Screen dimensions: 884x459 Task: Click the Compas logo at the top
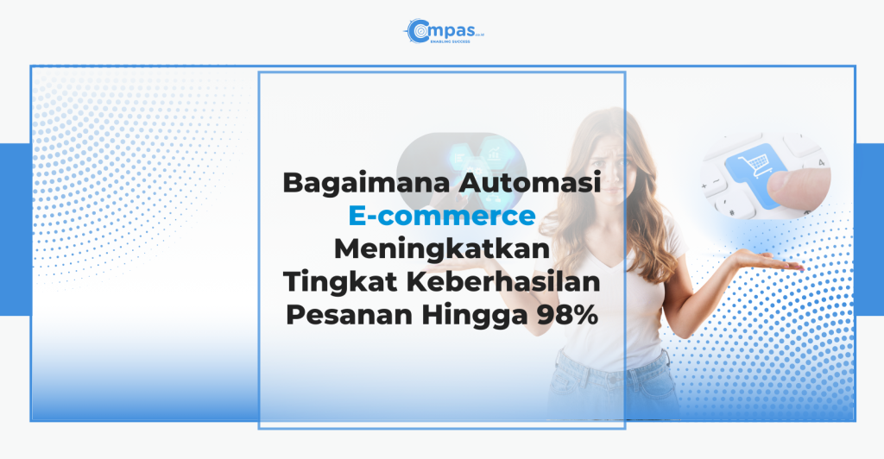444,31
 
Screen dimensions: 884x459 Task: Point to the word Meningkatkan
442,249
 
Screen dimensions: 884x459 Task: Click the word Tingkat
338,282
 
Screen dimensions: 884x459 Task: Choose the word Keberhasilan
503,281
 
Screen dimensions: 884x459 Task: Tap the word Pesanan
350,314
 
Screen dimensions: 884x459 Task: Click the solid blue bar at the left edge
16,229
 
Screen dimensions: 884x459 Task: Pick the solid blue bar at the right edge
869,229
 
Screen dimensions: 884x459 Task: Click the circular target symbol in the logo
418,31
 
